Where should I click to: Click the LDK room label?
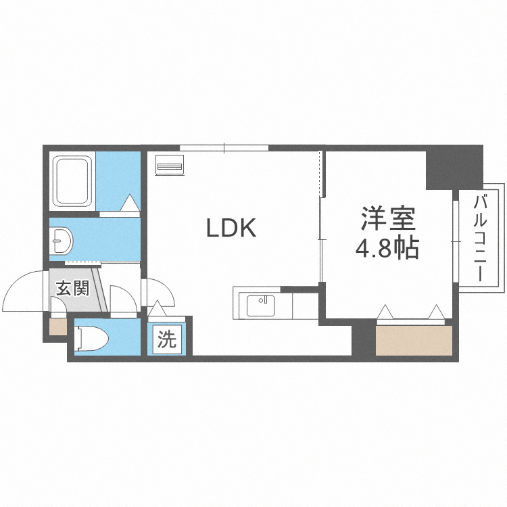click(x=231, y=228)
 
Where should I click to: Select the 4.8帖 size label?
click(x=387, y=249)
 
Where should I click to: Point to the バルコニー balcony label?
click(x=481, y=238)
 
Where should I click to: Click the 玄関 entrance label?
click(x=72, y=289)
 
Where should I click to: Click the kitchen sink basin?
click(x=261, y=306)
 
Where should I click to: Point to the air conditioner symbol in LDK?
click(x=170, y=165)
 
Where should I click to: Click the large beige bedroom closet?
click(x=414, y=340)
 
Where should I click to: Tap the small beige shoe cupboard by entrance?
click(x=58, y=327)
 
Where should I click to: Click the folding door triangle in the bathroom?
click(x=130, y=203)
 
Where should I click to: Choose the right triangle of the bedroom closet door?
click(x=437, y=312)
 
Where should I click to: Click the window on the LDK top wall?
click(x=224, y=147)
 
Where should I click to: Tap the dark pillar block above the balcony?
click(x=454, y=167)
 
